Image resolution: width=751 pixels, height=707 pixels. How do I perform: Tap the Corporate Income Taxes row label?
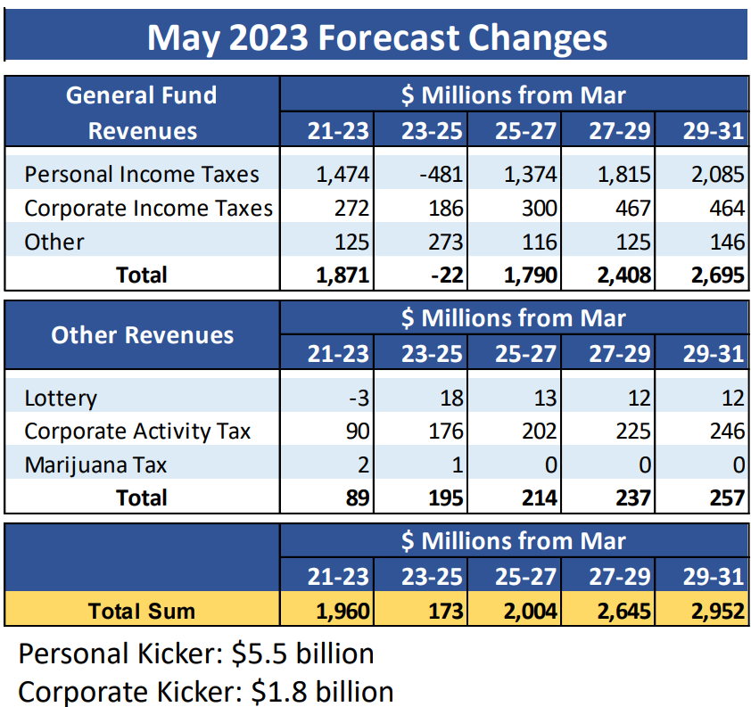click(148, 209)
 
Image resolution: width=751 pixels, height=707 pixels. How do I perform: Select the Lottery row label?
click(61, 399)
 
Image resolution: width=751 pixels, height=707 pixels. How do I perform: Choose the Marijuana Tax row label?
click(95, 464)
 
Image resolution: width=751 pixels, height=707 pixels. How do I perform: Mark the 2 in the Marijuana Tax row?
click(362, 464)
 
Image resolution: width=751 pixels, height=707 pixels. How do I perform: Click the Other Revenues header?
click(143, 335)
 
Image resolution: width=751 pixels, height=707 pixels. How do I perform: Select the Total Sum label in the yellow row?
click(142, 611)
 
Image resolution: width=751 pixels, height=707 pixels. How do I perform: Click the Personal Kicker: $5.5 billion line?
click(196, 654)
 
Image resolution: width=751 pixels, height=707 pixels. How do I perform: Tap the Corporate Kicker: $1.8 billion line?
click(206, 692)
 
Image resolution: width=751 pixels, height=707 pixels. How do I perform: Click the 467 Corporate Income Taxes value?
click(631, 209)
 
